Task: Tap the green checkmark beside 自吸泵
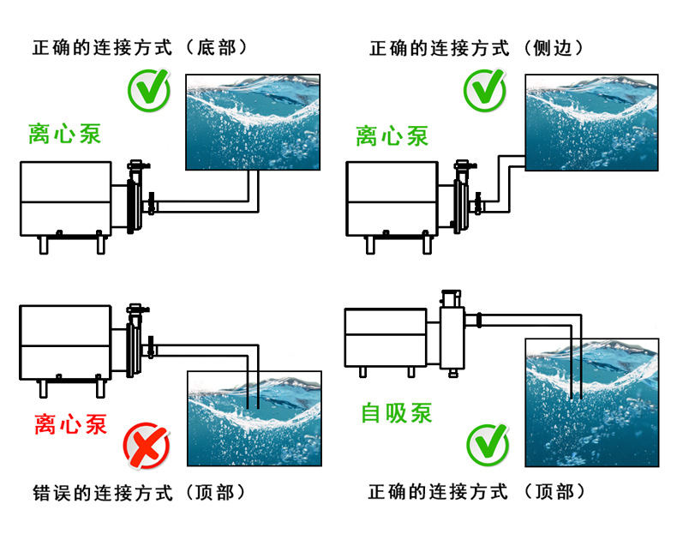(x=487, y=444)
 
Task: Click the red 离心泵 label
(x=70, y=423)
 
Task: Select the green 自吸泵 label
(x=397, y=413)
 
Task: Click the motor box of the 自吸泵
(x=386, y=336)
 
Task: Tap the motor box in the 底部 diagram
(x=65, y=197)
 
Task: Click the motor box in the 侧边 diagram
(x=393, y=197)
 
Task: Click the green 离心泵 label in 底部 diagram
(x=64, y=135)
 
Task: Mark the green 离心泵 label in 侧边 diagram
(x=392, y=135)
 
